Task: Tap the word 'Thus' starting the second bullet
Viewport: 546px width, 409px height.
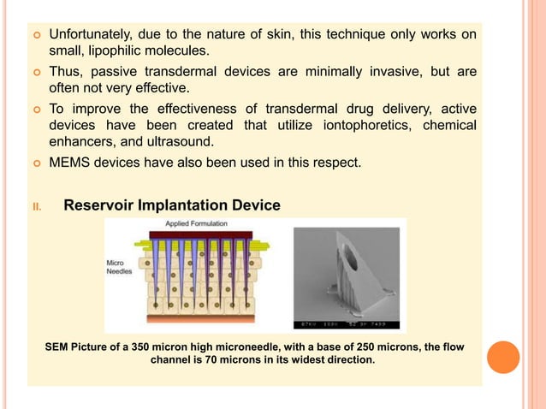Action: click(65, 71)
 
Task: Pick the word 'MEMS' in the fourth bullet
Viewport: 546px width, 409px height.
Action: click(68, 162)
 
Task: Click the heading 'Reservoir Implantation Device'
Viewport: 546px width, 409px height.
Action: click(171, 205)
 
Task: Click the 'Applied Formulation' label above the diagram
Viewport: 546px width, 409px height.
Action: click(197, 224)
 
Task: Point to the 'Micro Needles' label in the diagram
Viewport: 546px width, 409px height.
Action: click(118, 267)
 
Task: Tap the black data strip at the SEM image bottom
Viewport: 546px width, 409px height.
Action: click(346, 323)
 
